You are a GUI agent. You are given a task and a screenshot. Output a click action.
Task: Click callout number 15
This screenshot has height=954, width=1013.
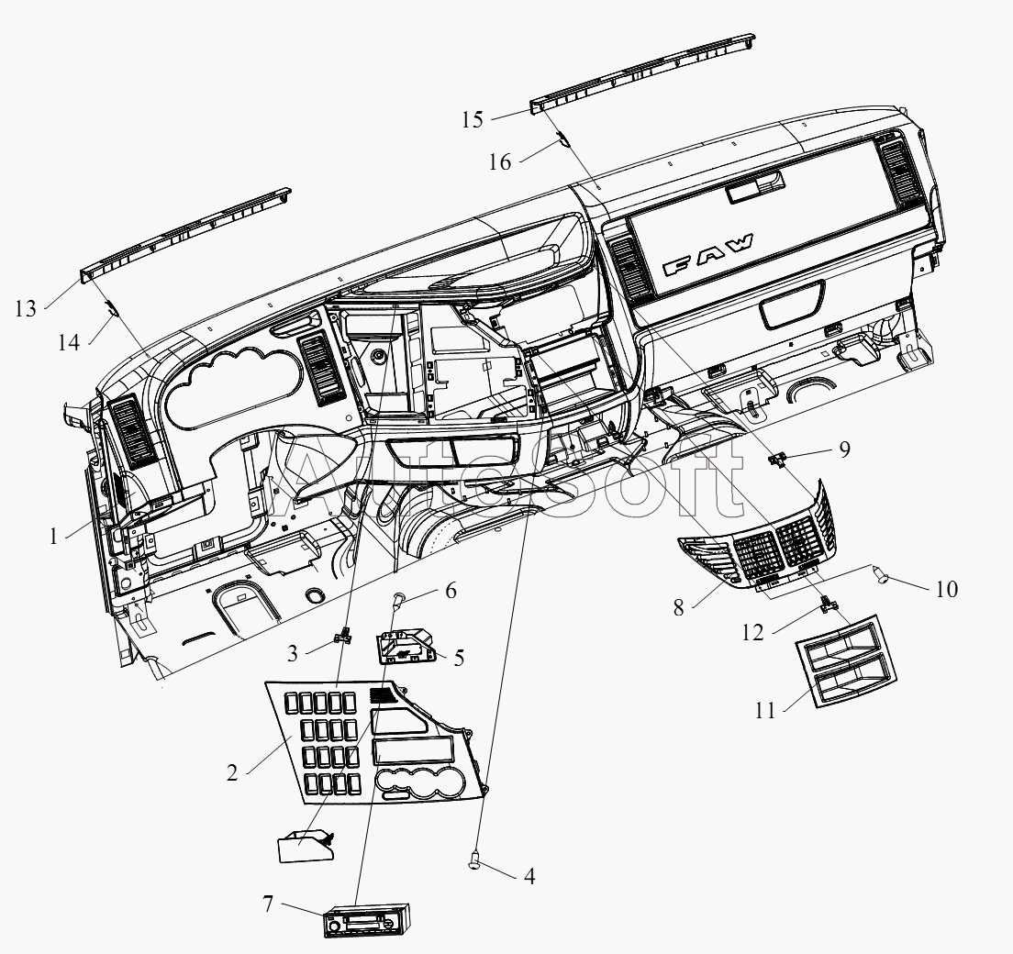tap(473, 119)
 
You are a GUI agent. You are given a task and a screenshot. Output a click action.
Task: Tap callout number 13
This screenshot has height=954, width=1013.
tap(26, 309)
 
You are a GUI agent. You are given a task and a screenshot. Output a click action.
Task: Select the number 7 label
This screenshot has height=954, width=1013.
tap(268, 904)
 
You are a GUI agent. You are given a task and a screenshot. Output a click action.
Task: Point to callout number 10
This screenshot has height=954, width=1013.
tap(946, 589)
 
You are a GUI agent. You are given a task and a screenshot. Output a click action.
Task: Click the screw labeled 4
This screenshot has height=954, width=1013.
tap(475, 861)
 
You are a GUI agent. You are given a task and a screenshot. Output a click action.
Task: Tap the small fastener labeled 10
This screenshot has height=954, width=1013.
tap(881, 573)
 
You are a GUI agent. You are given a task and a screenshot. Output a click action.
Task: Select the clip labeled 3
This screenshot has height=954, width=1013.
tap(343, 636)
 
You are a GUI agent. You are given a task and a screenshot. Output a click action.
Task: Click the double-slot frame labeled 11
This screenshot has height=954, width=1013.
tap(845, 660)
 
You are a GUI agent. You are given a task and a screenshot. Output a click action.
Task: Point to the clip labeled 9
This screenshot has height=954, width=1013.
tap(777, 460)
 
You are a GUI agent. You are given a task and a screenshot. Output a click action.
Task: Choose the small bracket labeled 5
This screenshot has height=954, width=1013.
tap(406, 646)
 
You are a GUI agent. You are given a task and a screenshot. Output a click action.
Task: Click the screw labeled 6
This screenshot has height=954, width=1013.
tap(398, 600)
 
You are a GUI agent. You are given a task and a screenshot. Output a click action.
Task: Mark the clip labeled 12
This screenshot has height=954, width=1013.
tap(829, 604)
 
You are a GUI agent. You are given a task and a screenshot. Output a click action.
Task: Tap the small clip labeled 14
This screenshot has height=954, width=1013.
tap(113, 308)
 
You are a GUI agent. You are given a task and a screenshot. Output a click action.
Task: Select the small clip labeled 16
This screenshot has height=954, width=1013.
tap(562, 139)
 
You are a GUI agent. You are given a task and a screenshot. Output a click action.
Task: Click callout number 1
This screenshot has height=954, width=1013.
tap(53, 536)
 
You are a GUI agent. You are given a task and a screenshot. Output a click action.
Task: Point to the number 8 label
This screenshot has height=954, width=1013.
tap(678, 608)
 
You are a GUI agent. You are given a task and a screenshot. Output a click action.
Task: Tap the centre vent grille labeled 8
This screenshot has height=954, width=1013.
tap(757, 539)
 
